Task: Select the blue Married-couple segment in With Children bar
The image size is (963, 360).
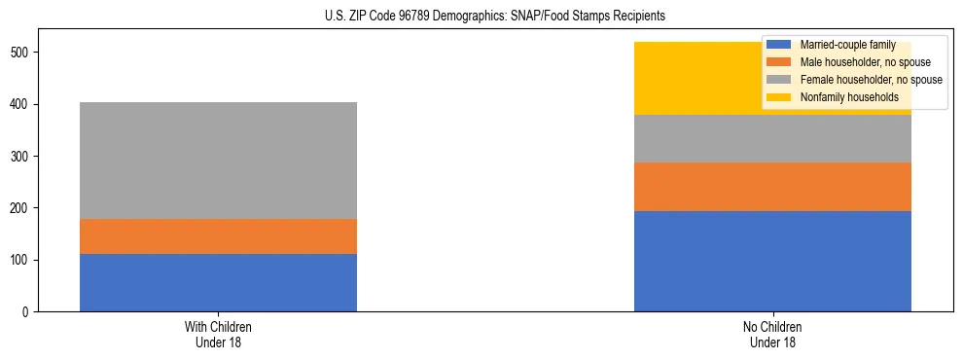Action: coord(218,282)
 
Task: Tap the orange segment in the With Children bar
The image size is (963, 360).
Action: coord(218,236)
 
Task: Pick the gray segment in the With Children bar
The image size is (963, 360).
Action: coord(218,161)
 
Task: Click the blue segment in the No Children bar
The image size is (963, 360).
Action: coord(772,261)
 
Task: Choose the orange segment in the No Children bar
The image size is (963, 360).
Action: coord(772,187)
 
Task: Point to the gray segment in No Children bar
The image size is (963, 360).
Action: coord(772,138)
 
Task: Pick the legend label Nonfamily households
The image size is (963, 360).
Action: coord(848,97)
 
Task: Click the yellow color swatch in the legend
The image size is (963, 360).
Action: coord(779,97)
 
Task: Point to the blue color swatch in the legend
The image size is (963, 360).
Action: coord(779,45)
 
